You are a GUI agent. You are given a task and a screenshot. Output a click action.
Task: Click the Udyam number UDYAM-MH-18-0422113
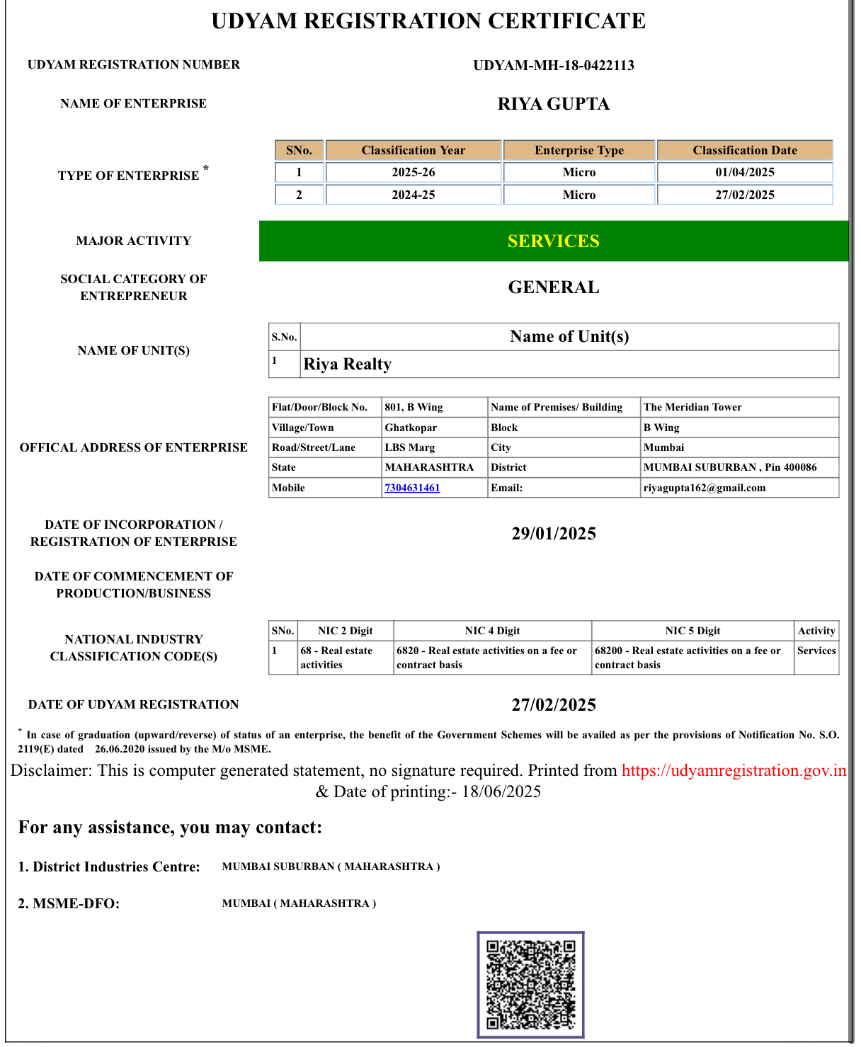coord(554,66)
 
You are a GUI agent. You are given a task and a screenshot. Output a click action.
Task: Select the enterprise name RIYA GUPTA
coord(554,104)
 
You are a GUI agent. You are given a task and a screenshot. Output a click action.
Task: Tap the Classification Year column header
coord(414,150)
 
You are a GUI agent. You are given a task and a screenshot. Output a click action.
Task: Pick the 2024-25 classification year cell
coord(414,195)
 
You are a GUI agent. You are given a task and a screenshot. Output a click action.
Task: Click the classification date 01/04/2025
coord(745,172)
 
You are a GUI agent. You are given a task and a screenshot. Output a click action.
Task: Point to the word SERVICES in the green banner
coord(554,241)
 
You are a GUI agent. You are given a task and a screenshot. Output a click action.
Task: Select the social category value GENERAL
coord(554,287)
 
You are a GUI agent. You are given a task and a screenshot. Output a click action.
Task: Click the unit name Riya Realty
coord(348,364)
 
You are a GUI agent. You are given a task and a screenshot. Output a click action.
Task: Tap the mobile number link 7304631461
coord(412,488)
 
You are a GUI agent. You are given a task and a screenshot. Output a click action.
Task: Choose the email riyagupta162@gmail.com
coord(705,488)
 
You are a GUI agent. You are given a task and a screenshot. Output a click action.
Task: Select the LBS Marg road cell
coord(410,447)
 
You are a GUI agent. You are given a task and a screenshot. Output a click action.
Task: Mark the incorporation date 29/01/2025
coord(554,534)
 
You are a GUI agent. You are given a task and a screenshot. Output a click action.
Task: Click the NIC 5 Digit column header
coord(692,631)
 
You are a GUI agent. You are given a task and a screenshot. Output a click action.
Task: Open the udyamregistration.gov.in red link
coord(734,770)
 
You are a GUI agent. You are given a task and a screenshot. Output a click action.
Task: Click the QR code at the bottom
coord(530,985)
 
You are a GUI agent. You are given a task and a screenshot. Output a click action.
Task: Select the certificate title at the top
coord(428,21)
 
